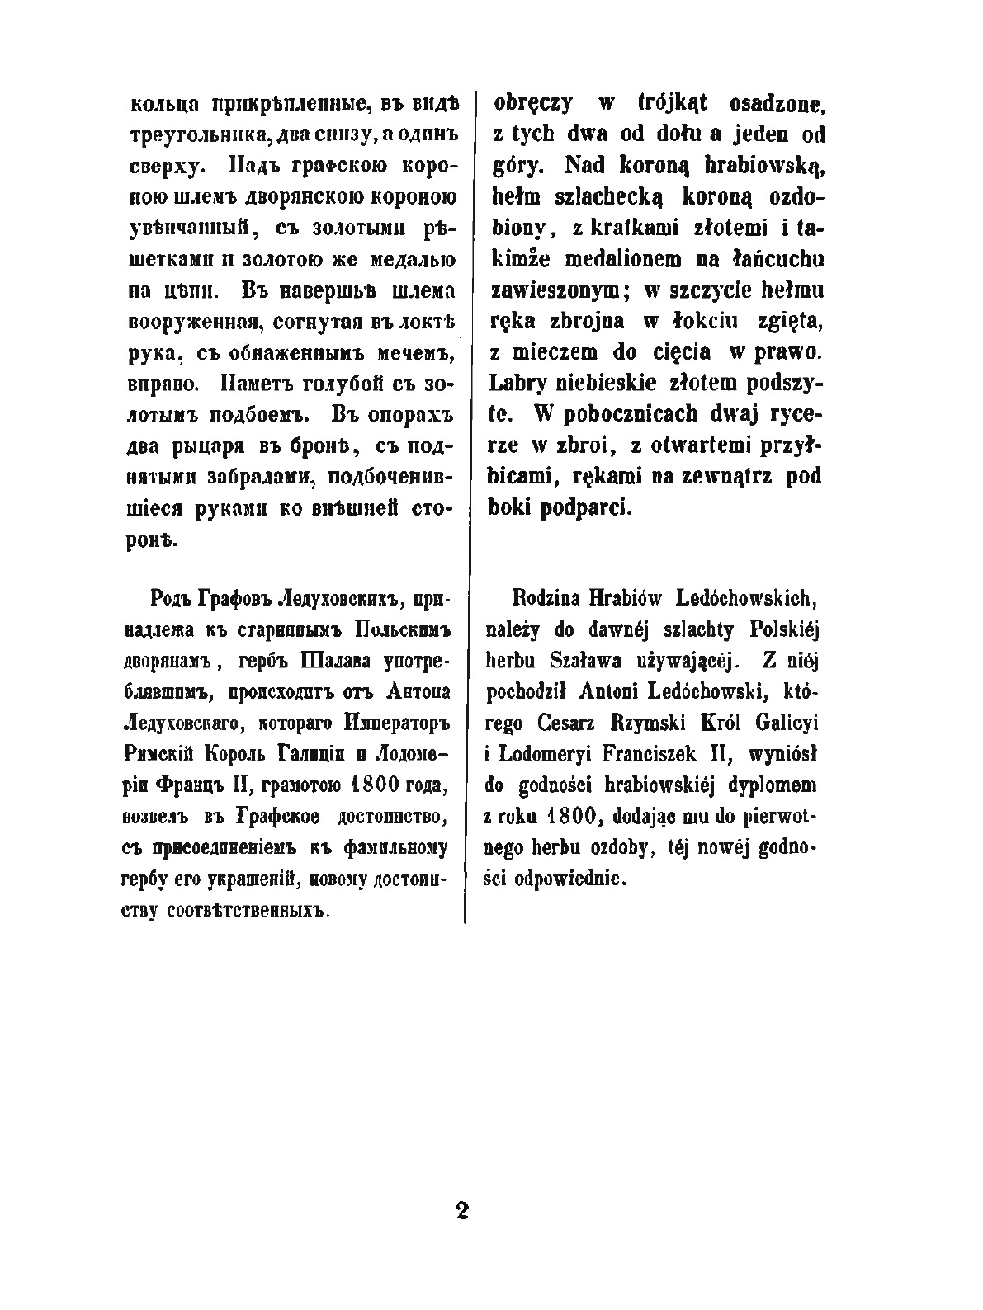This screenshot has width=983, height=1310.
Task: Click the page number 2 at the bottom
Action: coord(461,1212)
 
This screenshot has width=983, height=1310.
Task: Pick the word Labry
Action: coord(513,384)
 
